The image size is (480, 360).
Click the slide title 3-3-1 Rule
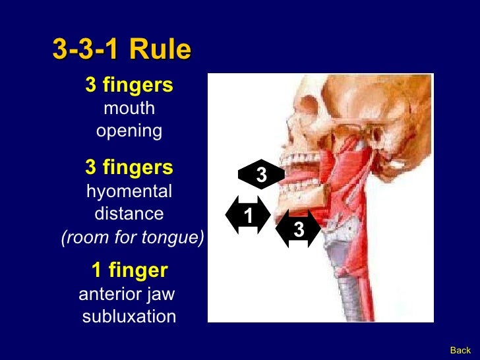click(122, 49)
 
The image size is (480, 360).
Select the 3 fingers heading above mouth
click(129, 85)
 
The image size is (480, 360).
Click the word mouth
click(129, 108)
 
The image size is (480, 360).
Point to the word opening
click(129, 131)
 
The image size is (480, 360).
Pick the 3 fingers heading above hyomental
click(129, 168)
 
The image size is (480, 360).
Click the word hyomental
click(129, 192)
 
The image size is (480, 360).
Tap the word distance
click(129, 214)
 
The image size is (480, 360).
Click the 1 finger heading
click(129, 270)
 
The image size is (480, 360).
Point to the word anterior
click(107, 293)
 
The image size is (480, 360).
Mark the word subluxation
click(129, 316)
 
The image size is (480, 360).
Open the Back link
click(460, 350)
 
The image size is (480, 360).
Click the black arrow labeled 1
click(247, 215)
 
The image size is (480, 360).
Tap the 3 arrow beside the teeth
click(261, 175)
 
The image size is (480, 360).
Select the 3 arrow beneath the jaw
click(299, 229)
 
